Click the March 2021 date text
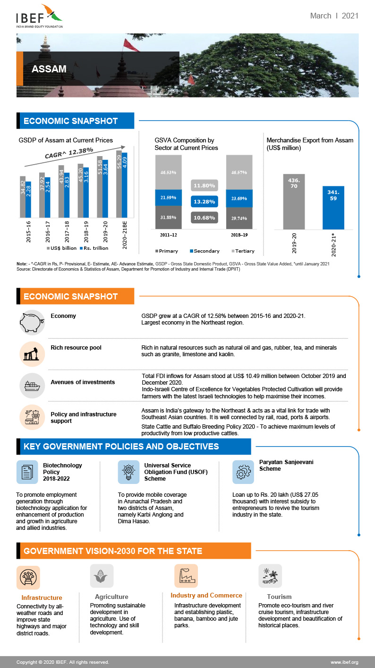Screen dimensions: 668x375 334,16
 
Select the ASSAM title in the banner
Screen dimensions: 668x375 49,69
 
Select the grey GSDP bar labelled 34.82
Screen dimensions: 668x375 22,196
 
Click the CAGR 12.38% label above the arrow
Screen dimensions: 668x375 68,153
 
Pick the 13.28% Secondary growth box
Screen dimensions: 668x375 205,202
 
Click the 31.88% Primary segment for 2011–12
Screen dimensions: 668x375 168,218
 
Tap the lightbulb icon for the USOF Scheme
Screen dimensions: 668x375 129,472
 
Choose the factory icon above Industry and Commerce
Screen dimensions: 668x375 186,576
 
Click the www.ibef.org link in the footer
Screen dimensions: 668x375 344,662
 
